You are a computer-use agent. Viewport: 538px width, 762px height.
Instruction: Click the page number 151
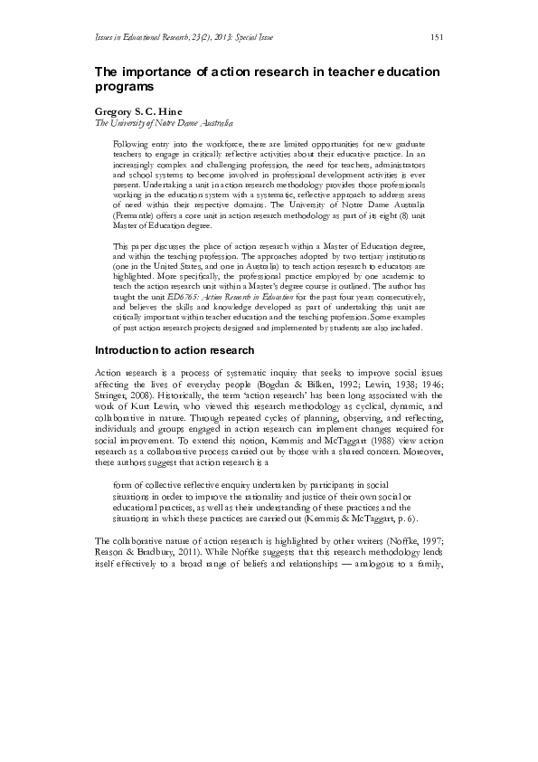pos(436,36)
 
